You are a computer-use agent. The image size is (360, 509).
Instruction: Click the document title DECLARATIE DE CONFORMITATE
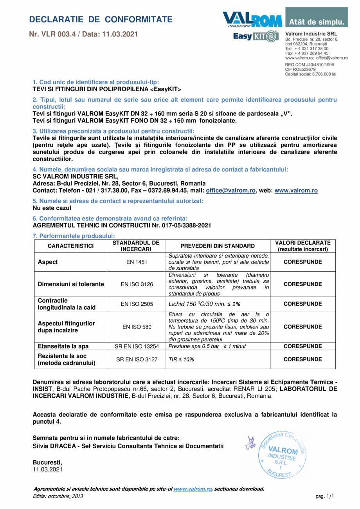pos(101,20)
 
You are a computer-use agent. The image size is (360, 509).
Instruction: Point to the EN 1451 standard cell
pos(137,262)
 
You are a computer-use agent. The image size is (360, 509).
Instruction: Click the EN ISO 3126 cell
pos(137,284)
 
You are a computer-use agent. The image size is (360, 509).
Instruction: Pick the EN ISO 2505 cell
pos(137,304)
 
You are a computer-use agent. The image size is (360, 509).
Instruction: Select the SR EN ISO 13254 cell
pos(137,347)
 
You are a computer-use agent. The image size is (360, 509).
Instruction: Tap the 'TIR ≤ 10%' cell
pos(181,359)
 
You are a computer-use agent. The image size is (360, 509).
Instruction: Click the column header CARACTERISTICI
pos(70,246)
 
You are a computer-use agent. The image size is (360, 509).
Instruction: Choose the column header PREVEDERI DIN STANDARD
pos(218,246)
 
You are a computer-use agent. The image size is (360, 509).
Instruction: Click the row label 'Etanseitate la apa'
pos(63,347)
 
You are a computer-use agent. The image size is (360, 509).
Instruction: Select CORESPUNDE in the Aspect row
pos(302,262)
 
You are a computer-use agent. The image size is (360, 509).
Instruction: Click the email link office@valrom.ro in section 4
pos(231,190)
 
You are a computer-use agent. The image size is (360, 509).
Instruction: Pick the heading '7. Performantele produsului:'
pos(74,236)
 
